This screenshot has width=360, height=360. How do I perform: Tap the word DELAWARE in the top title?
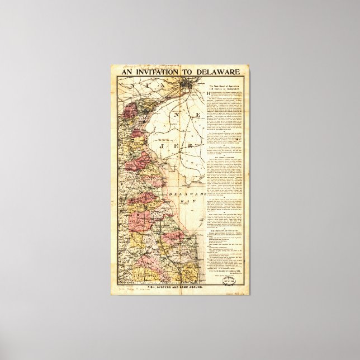219,72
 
